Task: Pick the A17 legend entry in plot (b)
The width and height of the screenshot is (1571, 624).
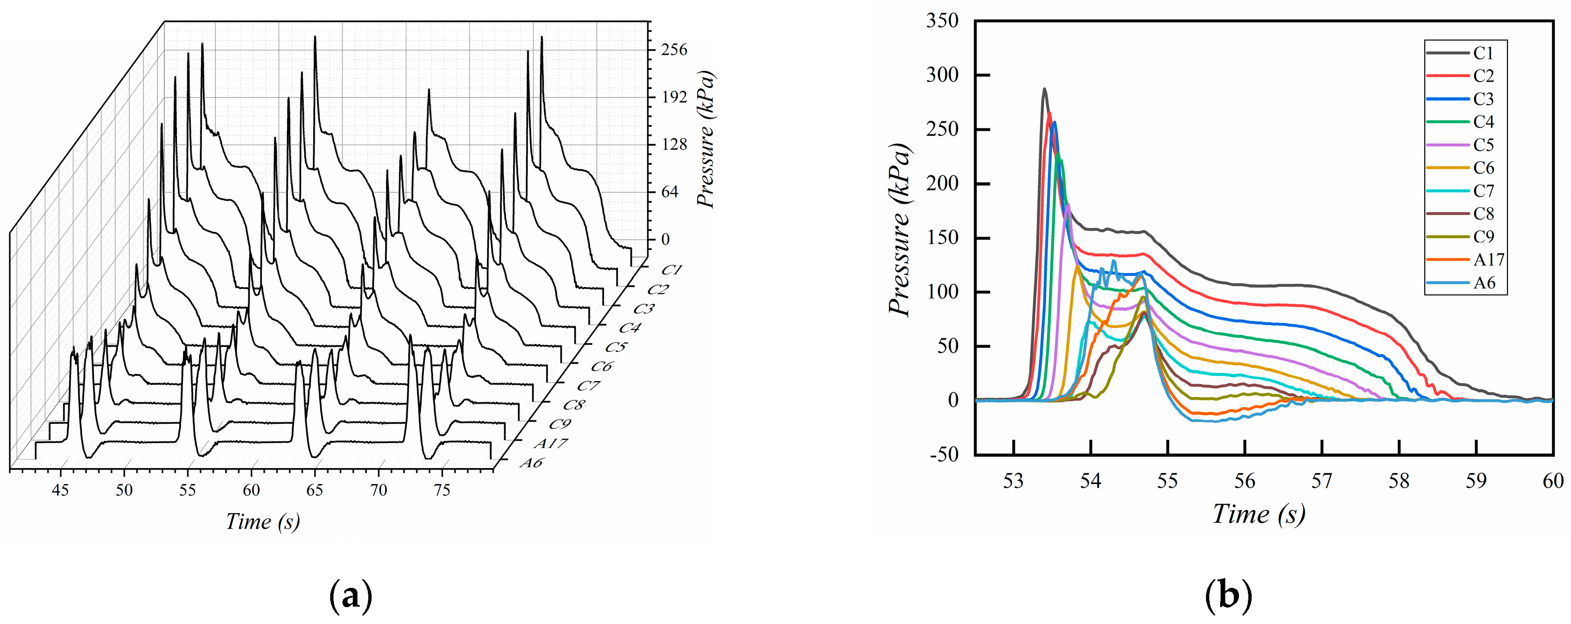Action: [x=1488, y=259]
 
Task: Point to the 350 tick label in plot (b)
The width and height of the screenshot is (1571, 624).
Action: [x=942, y=21]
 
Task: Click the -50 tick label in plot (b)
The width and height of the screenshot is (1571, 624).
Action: [x=944, y=454]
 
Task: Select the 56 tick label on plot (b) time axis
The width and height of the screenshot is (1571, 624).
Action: [x=1244, y=482]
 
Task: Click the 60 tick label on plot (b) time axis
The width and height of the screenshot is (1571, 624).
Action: [x=1553, y=482]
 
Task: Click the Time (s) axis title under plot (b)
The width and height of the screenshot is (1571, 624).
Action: [x=1258, y=514]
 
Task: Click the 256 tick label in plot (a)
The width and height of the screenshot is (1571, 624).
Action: [x=674, y=50]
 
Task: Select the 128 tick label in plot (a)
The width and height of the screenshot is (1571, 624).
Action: [x=674, y=145]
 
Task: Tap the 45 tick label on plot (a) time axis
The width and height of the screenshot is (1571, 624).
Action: [x=60, y=491]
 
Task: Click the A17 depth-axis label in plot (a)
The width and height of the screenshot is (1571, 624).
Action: [x=551, y=444]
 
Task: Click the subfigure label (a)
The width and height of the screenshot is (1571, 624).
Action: [x=350, y=595]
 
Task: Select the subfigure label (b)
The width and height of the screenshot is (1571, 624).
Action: [x=1228, y=595]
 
